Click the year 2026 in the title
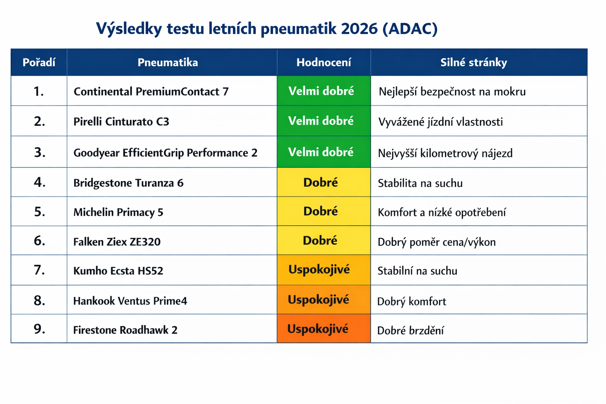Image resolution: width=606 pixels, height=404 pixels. pos(359,28)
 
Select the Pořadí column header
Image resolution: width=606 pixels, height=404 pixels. pos(39,62)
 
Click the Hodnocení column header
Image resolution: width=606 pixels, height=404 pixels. pos(324,62)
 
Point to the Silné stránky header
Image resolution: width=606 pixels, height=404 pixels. pos(474,62)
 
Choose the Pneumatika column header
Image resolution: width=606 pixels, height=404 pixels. pos(168,62)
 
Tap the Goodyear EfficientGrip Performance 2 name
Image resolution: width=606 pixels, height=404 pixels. pos(165,153)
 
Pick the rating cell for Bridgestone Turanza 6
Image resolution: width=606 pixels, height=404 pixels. pos(324,182)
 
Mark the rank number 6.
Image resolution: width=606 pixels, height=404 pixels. pos(39,241)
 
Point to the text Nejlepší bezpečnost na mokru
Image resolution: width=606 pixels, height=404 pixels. pos(452,92)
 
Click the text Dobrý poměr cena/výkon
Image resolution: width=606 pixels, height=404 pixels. pos(437,242)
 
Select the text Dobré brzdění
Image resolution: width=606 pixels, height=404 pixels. pos(410,330)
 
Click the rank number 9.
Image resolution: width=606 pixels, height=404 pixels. pos(39,329)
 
